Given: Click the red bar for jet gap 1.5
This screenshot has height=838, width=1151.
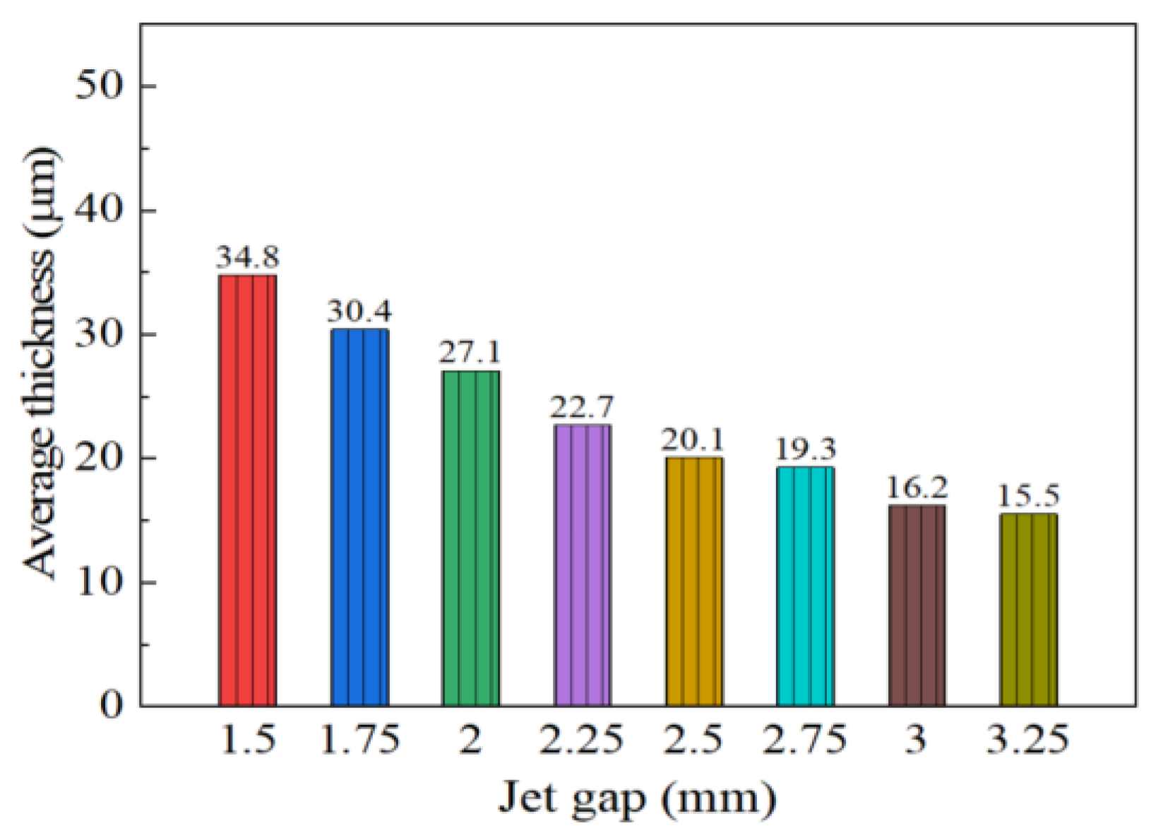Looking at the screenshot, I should pos(247,490).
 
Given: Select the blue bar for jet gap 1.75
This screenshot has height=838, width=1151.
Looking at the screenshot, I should pos(359,517).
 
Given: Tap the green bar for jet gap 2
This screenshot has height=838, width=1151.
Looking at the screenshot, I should pos(471,538).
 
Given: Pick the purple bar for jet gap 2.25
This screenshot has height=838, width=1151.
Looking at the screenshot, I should pos(583,565).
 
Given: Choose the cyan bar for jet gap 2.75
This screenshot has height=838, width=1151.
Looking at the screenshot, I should pos(806,586).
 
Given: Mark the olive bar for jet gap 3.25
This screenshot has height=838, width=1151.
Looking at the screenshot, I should pos(1029,610).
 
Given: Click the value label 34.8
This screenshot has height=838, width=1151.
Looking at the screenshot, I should pos(247,258).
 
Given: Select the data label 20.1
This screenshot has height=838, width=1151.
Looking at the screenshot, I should pos(693,441).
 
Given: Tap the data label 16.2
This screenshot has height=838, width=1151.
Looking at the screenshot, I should pos(917,488).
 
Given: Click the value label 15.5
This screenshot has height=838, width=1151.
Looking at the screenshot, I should pos(1028,497).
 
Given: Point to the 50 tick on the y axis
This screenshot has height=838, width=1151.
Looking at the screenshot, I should pos(98,86).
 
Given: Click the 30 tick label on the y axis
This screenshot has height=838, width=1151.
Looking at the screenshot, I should pos(98,334).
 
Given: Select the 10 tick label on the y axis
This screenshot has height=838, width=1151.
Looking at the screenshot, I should pos(98,582).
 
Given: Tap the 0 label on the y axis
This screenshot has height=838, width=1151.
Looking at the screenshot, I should pos(111,705).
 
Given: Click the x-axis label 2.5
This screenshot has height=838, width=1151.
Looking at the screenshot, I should pos(693,740).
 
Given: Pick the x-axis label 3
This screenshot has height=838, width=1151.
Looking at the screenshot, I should pos(917,740).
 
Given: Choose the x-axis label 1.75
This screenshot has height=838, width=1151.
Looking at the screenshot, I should pos(360,740).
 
